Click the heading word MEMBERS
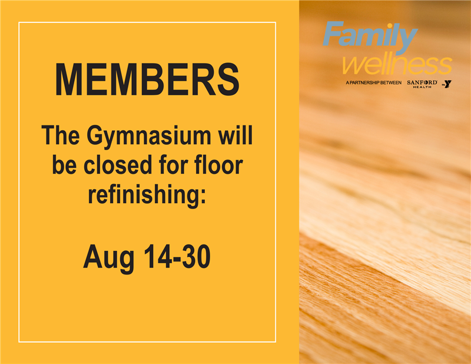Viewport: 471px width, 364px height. point(147,80)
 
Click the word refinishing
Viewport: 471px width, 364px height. point(144,195)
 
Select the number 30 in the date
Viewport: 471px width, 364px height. point(196,256)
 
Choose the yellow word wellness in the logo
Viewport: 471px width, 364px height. point(397,65)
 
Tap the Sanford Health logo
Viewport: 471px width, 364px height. point(422,84)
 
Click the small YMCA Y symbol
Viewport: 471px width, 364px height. point(447,84)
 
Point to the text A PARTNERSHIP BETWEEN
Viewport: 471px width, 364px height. point(373,82)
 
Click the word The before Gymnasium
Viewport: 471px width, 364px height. point(61,135)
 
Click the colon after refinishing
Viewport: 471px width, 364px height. point(203,197)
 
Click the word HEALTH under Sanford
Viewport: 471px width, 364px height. point(422,87)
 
